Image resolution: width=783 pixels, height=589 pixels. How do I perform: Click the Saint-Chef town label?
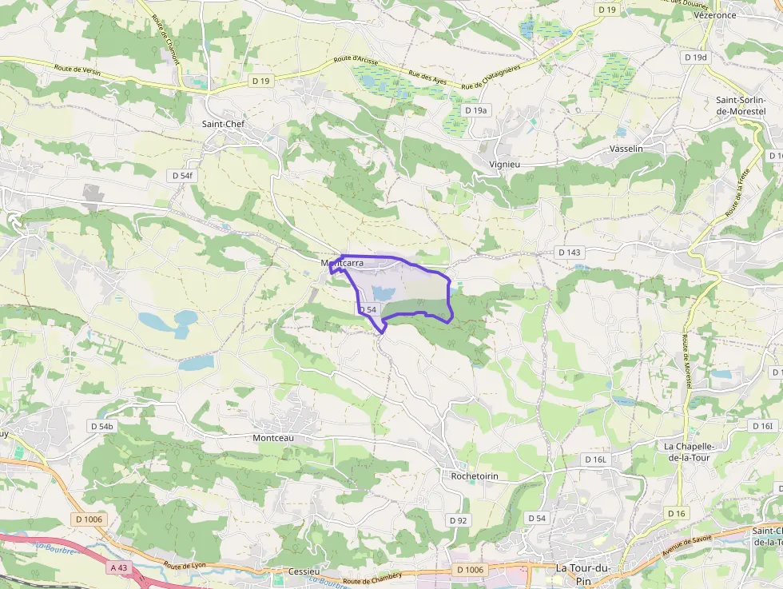click(224, 124)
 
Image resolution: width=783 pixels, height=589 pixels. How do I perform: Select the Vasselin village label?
click(626, 149)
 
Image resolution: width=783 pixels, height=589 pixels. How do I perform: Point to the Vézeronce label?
click(715, 15)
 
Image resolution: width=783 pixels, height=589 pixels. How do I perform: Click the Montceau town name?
click(273, 438)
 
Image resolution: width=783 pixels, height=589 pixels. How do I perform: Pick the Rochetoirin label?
click(475, 476)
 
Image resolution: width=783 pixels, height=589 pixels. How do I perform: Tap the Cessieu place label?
click(303, 571)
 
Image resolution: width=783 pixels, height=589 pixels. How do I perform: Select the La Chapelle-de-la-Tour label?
click(692, 452)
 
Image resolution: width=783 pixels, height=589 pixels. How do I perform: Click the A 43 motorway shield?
click(119, 567)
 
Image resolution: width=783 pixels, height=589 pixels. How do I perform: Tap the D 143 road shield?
click(570, 253)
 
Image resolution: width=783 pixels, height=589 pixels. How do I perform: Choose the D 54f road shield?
click(183, 175)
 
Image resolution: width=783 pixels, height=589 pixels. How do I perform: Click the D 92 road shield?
click(458, 520)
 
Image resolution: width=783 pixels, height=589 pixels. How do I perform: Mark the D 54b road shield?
click(103, 427)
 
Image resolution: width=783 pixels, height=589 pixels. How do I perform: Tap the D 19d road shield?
click(696, 58)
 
